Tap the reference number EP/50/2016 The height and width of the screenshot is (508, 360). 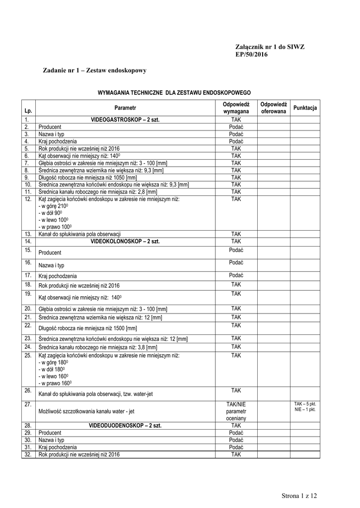tap(251, 54)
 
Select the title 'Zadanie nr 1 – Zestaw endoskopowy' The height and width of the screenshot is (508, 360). tap(95, 71)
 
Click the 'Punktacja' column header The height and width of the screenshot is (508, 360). tap(305, 108)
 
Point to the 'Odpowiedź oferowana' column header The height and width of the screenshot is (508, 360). tap(274, 108)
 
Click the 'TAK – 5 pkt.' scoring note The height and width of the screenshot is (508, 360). tap(305, 404)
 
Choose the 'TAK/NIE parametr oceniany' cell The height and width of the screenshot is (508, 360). tap(236, 411)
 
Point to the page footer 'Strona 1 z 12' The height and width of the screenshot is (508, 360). tap(299, 496)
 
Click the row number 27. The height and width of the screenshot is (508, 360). tap(28, 404)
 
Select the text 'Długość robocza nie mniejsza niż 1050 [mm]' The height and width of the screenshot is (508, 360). tap(87, 177)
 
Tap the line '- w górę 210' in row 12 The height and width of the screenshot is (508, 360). tap(53, 206)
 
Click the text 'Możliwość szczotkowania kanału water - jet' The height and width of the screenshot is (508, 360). tap(86, 412)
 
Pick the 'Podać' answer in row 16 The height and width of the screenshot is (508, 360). tap(236, 262)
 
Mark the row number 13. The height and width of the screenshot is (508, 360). tap(28, 234)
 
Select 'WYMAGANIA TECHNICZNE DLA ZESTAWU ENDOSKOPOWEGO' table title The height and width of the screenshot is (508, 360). tap(174, 93)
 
